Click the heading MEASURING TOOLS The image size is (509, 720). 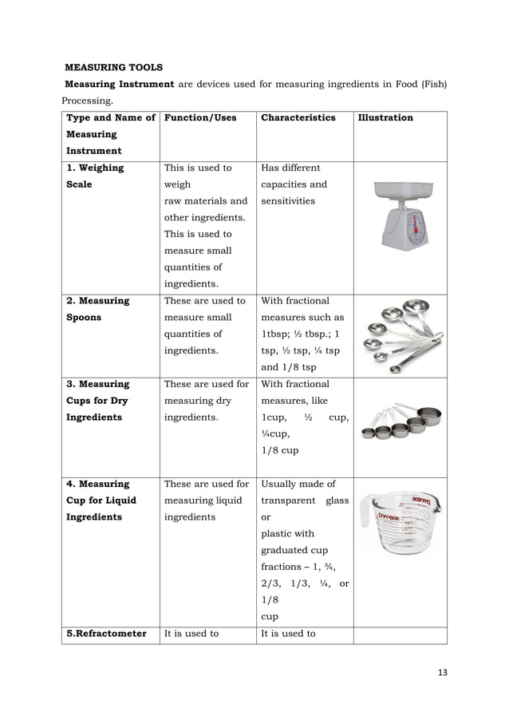(x=113, y=67)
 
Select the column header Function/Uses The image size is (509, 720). (x=200, y=118)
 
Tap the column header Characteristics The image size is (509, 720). (x=298, y=118)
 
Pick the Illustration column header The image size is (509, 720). (x=385, y=118)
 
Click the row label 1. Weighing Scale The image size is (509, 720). (x=95, y=176)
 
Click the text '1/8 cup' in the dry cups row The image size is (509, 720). (x=278, y=451)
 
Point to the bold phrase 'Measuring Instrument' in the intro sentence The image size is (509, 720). (x=119, y=85)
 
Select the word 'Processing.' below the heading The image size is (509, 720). (x=88, y=101)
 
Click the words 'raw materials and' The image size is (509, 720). (x=205, y=201)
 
